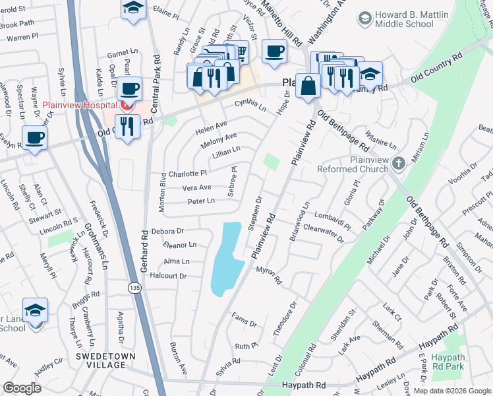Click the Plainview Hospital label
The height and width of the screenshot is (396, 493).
coord(80,106)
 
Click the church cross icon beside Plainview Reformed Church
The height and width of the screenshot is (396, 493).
coord(397,162)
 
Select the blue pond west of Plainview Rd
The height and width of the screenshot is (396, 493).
coord(225,257)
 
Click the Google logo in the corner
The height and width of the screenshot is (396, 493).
coord(22,388)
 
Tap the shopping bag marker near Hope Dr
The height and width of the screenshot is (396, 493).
coord(308,84)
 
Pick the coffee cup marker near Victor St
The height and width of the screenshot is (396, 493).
coord(274,51)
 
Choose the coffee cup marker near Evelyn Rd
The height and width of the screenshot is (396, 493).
coord(34,137)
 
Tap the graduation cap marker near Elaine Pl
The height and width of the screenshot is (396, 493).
coord(134,8)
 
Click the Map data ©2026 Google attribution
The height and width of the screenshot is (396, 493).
coord(451,390)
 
